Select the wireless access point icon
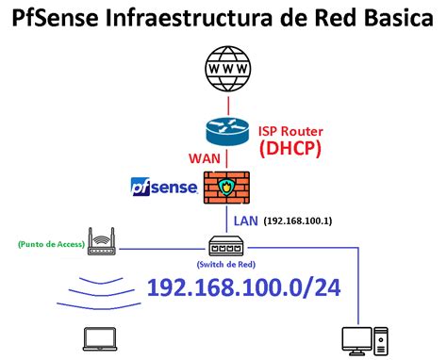tap(100, 242)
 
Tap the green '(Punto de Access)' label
tap(50, 246)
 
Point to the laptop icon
tap(96, 339)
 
